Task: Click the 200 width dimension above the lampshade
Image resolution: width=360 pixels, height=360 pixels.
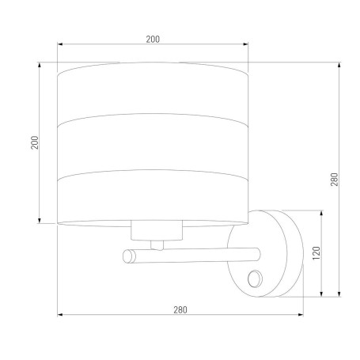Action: pos(153,40)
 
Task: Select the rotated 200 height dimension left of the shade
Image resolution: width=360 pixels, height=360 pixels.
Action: pos(35,142)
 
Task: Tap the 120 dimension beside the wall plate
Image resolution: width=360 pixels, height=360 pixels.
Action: pos(316,253)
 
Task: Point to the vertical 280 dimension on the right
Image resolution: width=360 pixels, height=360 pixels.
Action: pos(334,180)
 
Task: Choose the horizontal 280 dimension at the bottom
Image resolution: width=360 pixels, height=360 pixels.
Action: pos(180,309)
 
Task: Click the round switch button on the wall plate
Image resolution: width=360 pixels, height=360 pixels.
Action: pos(256,279)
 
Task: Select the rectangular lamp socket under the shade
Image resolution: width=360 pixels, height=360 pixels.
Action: pos(157,230)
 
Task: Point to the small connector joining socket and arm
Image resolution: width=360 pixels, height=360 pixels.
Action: pos(157,245)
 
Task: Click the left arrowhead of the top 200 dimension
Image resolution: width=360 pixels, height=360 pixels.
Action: pos(60,44)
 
